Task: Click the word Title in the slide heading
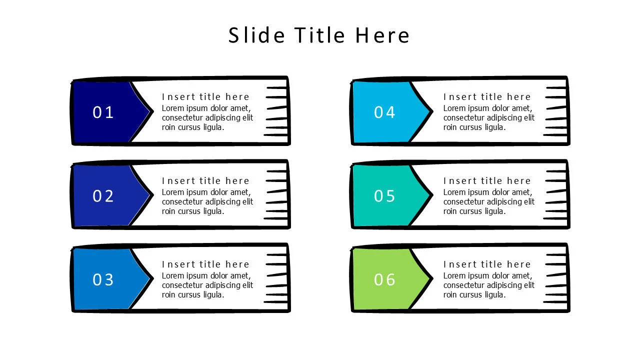(x=320, y=35)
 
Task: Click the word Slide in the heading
(x=257, y=35)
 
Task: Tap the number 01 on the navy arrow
(x=103, y=112)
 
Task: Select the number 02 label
(x=103, y=196)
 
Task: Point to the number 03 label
(x=103, y=279)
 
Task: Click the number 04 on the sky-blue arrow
(x=384, y=112)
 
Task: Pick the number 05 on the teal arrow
(x=384, y=196)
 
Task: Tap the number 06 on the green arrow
(x=384, y=279)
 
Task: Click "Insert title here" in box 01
(x=205, y=97)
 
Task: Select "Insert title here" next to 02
(x=205, y=180)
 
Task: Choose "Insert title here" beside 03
(x=205, y=264)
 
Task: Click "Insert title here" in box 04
(x=487, y=97)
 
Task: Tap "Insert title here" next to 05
(x=487, y=180)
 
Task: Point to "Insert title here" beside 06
(x=487, y=264)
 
